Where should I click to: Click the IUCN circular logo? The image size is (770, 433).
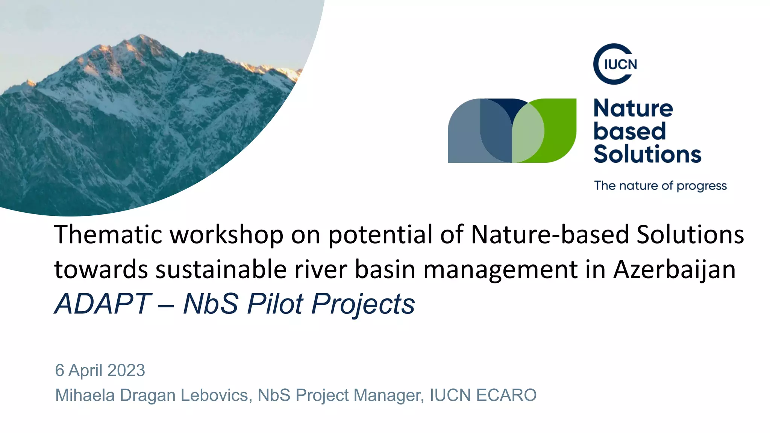(x=615, y=64)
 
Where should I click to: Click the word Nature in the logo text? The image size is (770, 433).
(x=633, y=109)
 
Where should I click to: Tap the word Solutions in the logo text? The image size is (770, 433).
(x=647, y=154)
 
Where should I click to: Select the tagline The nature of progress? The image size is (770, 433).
(x=660, y=186)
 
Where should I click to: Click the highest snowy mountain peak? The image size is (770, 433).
(x=141, y=38)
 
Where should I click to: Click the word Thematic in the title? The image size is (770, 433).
(x=108, y=235)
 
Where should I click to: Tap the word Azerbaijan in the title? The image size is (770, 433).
(x=675, y=269)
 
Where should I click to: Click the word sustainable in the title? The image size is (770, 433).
(x=221, y=269)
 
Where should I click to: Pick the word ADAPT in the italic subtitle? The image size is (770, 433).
(x=103, y=304)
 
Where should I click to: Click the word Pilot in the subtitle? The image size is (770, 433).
(x=275, y=304)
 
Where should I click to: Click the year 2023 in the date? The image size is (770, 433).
(x=126, y=370)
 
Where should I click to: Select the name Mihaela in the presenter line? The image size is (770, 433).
(x=85, y=395)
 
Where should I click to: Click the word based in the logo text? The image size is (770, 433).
(x=629, y=132)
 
